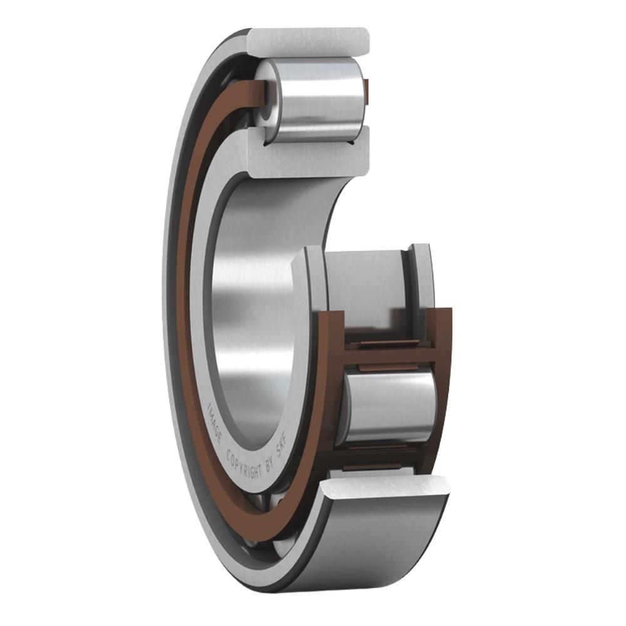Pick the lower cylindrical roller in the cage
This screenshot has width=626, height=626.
(388, 407)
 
